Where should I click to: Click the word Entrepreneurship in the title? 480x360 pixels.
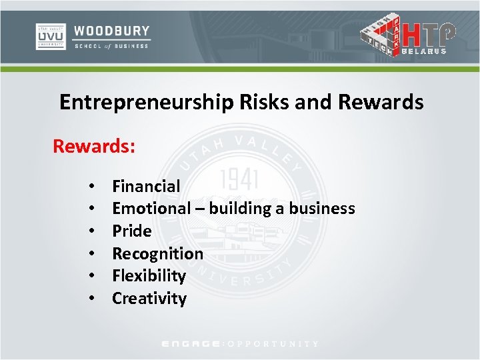coord(145,102)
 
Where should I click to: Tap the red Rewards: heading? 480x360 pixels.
coord(94,145)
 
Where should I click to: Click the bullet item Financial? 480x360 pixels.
coord(146,186)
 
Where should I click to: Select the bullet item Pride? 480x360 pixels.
coord(131,231)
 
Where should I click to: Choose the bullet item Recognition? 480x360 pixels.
coord(157,253)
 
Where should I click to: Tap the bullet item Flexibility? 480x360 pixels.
coord(149,275)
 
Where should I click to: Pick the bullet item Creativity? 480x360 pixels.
coord(149,298)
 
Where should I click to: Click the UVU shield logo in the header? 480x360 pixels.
coord(51,36)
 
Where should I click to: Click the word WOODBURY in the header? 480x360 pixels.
coord(112,31)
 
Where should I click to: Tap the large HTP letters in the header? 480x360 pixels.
coord(431,33)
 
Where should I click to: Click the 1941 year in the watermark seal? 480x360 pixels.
coord(239,179)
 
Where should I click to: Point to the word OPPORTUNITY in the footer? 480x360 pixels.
coord(273,344)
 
